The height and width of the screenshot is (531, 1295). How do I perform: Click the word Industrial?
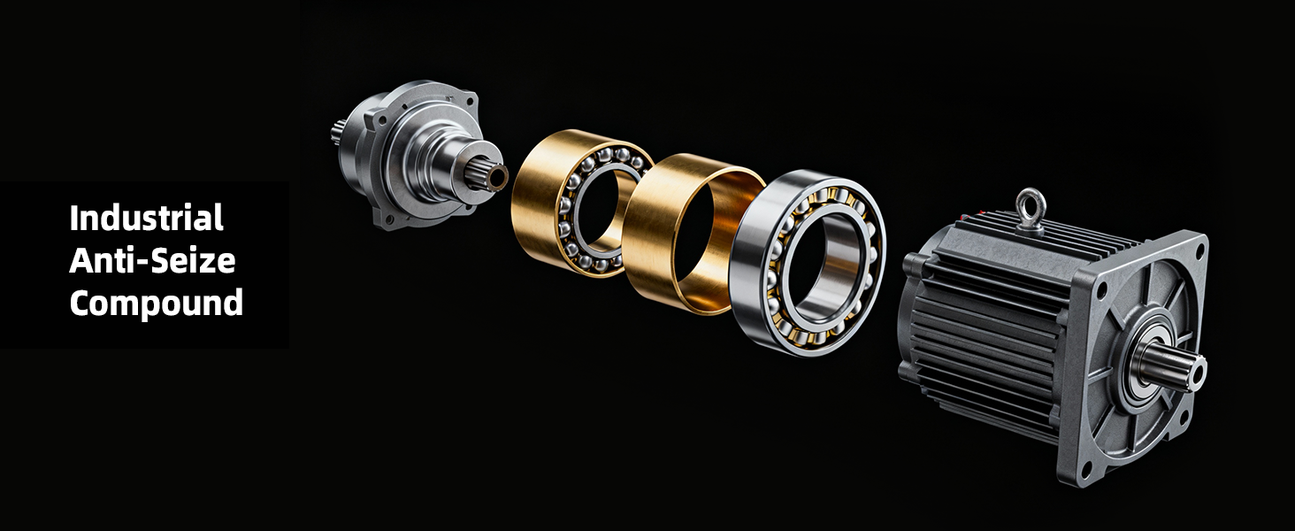point(146,218)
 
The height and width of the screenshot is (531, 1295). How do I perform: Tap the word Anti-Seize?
point(153,261)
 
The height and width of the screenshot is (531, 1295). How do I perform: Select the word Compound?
point(156,304)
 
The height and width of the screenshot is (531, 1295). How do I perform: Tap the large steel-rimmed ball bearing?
point(808,263)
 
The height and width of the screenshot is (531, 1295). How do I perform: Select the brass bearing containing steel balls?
point(581,203)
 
